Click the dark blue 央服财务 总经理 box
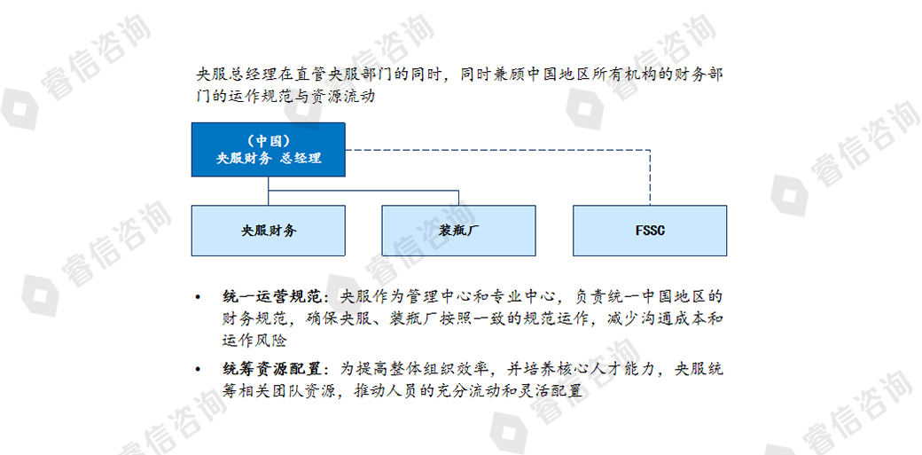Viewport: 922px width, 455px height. point(268,150)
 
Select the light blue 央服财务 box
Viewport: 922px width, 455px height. point(268,230)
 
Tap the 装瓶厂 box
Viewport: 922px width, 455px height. point(458,230)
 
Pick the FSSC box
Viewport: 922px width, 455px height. point(650,230)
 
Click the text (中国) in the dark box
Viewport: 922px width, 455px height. point(268,141)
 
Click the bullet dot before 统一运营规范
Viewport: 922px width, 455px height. point(199,296)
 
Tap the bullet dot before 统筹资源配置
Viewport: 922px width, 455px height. point(199,370)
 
